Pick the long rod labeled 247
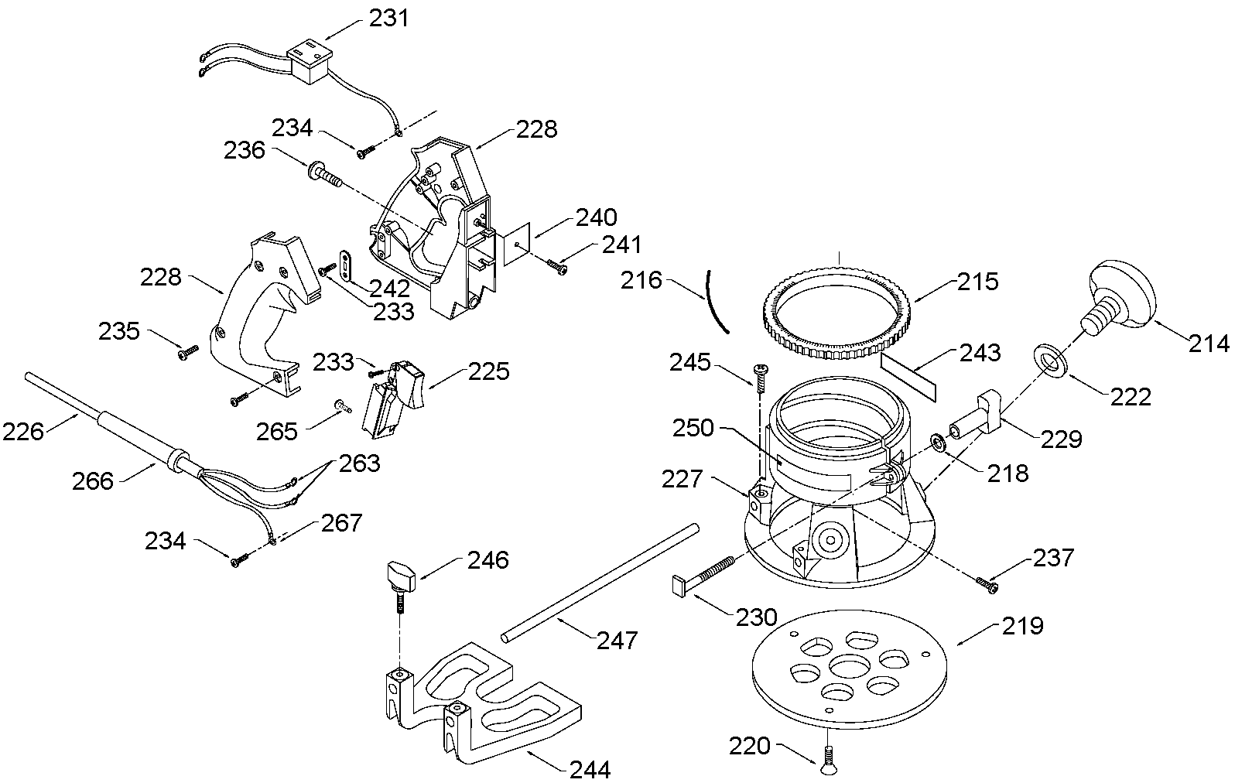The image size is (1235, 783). [x=600, y=583]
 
